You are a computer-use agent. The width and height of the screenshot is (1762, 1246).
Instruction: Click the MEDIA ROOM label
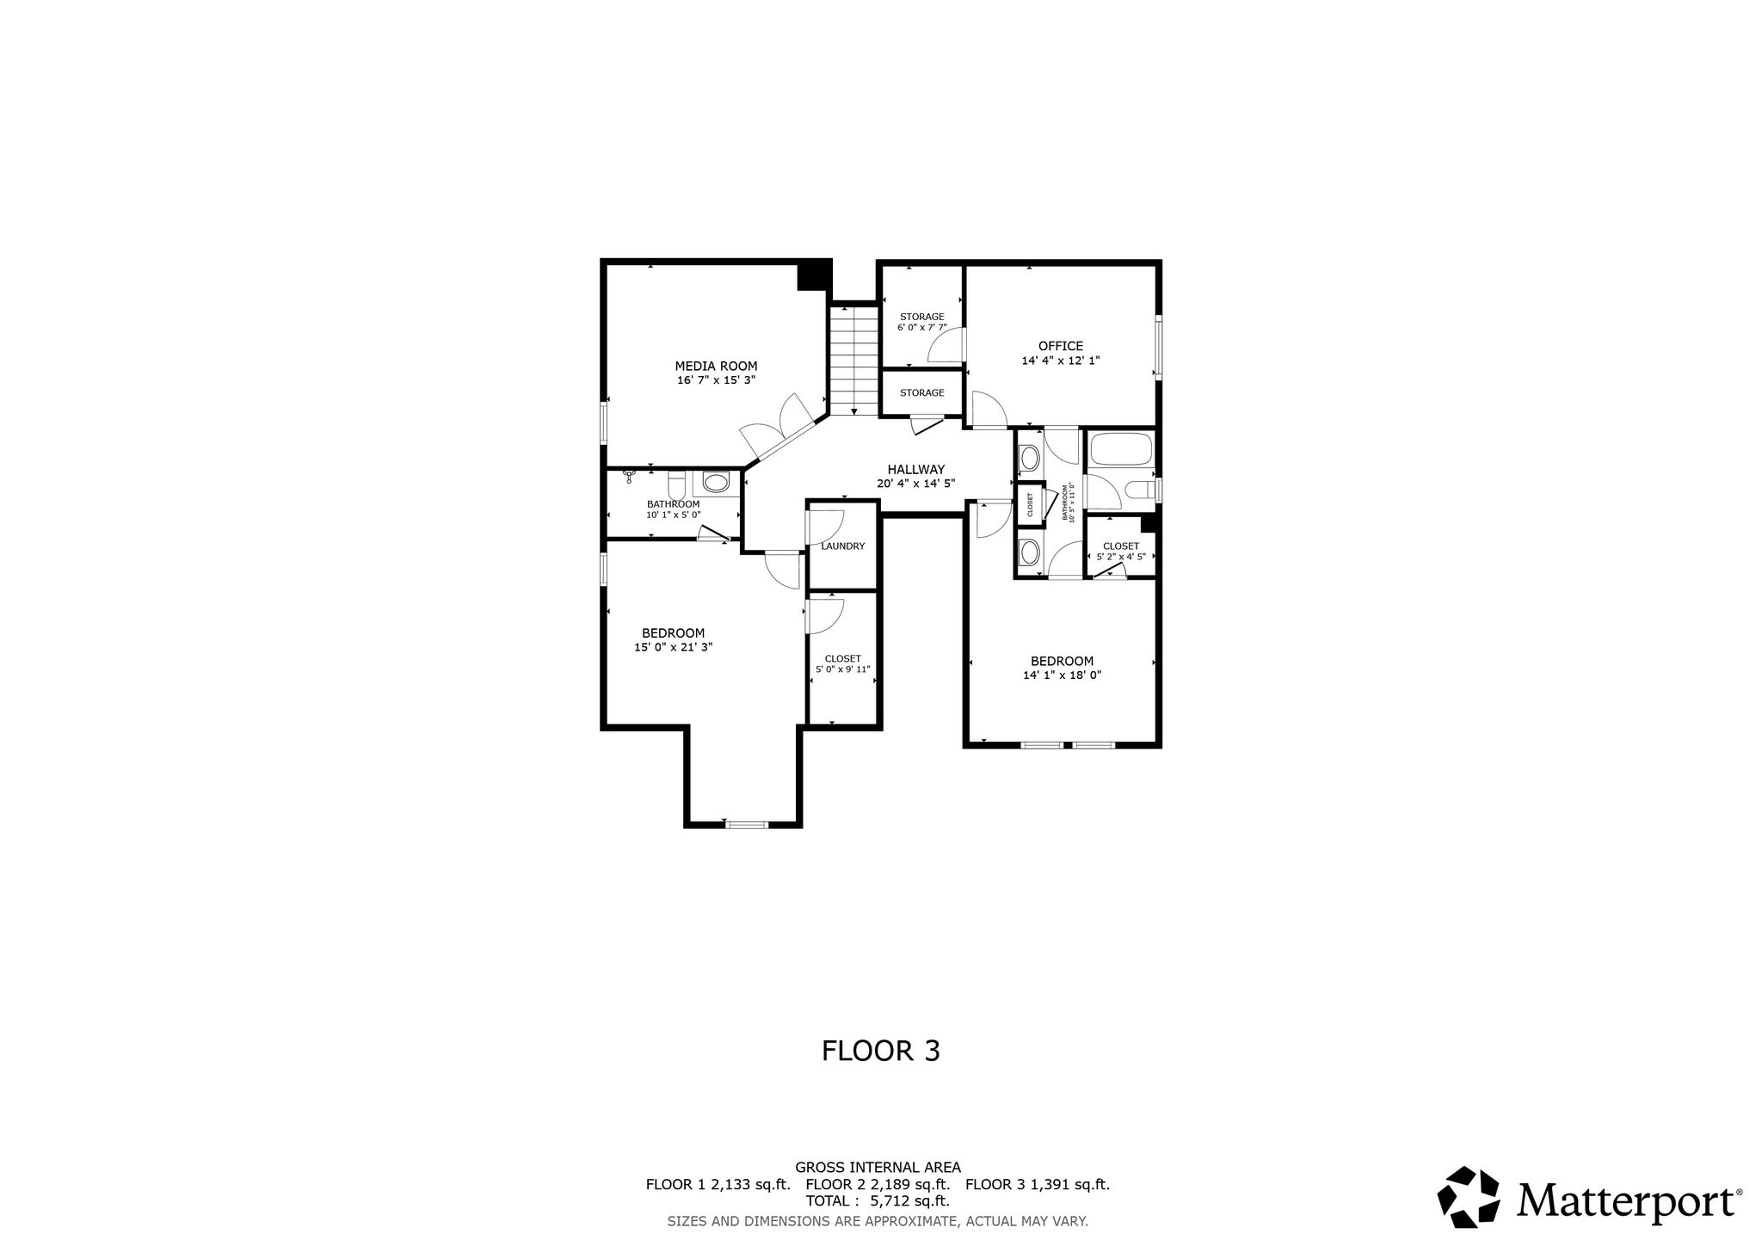[x=716, y=366]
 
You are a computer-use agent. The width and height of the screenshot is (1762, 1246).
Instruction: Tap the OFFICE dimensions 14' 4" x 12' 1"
[x=1060, y=361]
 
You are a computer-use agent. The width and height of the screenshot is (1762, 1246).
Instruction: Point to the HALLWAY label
[x=916, y=469]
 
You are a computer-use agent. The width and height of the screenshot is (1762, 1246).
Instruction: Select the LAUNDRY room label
[x=842, y=546]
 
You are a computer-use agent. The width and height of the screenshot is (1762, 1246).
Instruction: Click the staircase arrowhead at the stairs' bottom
[x=853, y=411]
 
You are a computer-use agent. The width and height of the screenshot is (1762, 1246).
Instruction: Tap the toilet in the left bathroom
[x=715, y=481]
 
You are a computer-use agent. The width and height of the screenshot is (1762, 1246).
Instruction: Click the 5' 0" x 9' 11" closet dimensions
[x=843, y=669]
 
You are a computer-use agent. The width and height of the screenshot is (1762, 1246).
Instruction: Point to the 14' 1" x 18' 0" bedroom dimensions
[x=1063, y=675]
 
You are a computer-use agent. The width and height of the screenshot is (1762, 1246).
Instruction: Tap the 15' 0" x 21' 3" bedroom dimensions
[x=674, y=647]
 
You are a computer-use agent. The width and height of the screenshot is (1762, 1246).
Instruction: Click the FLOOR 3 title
[x=881, y=1051]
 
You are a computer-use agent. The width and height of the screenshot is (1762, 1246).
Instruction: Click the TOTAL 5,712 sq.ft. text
[x=878, y=1201]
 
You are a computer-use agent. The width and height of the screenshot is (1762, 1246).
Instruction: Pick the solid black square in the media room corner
[x=814, y=275]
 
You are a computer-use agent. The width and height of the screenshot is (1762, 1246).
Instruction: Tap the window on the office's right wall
[x=1158, y=347]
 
